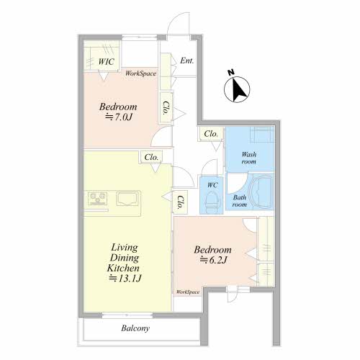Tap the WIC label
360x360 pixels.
[106, 62]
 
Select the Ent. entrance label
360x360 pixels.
[187, 60]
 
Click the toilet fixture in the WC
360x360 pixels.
[212, 200]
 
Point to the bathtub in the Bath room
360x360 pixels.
[261, 192]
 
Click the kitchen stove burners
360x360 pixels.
[97, 198]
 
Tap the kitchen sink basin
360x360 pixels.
[128, 198]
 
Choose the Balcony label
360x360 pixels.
[135, 328]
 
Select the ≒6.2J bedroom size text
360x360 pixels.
[214, 260]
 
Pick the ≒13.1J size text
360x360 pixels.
[125, 279]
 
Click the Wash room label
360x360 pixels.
[249, 158]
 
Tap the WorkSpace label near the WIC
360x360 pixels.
[141, 73]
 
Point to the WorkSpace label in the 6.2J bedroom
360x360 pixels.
[188, 292]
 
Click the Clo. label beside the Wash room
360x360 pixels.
[211, 134]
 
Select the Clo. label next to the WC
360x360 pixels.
[180, 202]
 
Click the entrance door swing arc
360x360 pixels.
[176, 17]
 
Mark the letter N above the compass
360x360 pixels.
[231, 73]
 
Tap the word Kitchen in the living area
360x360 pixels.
[123, 268]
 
